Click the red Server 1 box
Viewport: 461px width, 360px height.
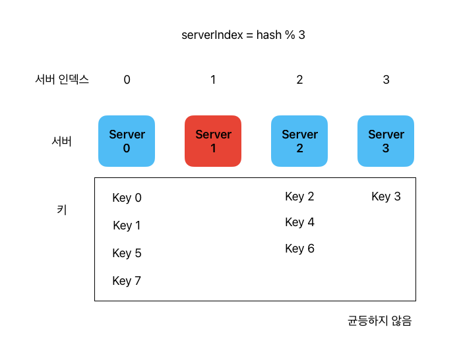click(x=213, y=141)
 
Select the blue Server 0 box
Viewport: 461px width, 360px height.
click(x=127, y=141)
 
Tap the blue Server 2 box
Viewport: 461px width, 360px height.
click(x=299, y=141)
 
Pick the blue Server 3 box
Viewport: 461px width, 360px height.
click(x=386, y=141)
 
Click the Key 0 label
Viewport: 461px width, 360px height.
click(x=127, y=198)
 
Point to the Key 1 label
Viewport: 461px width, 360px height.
click(x=127, y=225)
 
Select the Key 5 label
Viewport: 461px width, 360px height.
click(x=127, y=253)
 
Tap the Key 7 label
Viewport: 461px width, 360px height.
click(x=127, y=281)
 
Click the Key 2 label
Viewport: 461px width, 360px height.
click(x=299, y=196)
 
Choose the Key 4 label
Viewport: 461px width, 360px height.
click(x=299, y=222)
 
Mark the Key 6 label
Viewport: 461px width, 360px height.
click(x=299, y=249)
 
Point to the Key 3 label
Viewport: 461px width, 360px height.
click(x=386, y=196)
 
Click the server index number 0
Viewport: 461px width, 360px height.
click(x=127, y=80)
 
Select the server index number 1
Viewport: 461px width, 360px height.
click(x=213, y=80)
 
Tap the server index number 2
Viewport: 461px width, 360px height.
click(x=299, y=80)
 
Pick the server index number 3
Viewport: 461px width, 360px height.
click(x=386, y=80)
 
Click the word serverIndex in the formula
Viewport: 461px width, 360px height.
click(x=212, y=35)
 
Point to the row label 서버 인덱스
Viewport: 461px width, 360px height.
click(x=62, y=79)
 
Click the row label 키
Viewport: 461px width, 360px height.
click(x=62, y=210)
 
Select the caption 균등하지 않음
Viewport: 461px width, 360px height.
click(x=380, y=320)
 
